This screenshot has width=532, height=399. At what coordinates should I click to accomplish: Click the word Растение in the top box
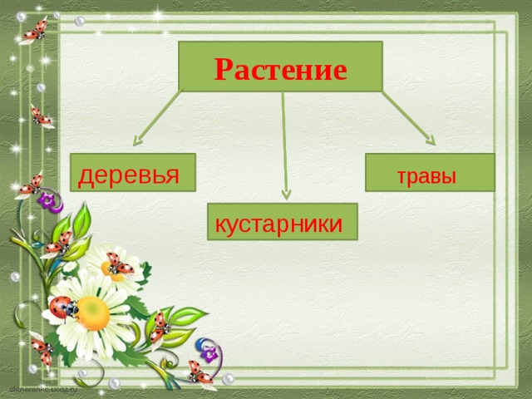point(280,68)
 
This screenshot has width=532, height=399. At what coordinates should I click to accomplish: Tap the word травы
point(426,176)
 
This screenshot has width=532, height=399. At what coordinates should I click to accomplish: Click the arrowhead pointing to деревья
point(141,140)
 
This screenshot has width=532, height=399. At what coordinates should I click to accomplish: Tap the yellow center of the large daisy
point(94,313)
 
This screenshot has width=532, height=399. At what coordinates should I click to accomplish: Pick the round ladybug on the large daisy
point(62,308)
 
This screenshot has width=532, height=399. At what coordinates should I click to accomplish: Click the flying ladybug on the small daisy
point(120,264)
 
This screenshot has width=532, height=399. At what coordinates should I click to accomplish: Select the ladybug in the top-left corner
point(35,31)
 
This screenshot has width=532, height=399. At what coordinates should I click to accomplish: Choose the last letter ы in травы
point(449,177)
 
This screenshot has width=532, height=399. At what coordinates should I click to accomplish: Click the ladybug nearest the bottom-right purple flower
point(199,372)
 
